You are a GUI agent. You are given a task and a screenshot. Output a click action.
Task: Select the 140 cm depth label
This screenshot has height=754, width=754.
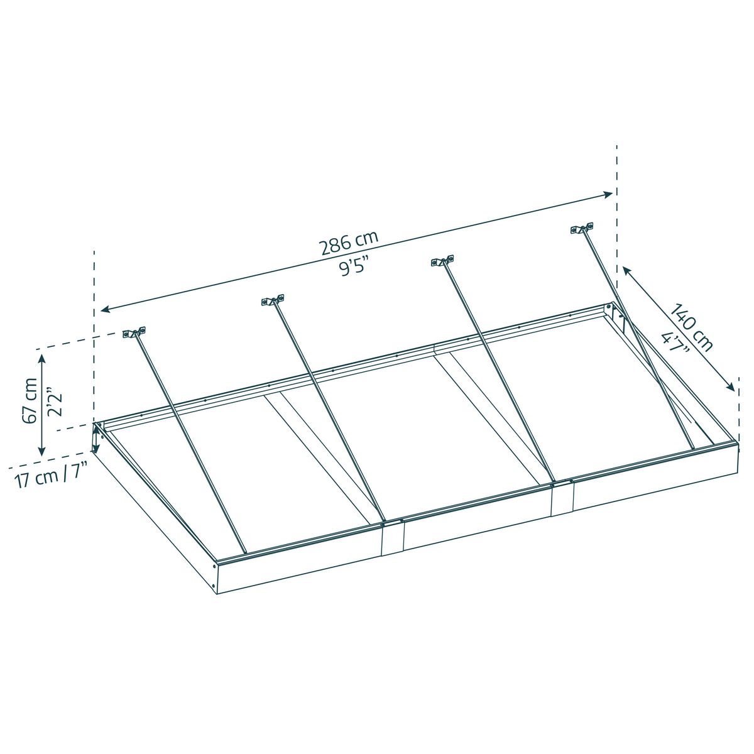692,327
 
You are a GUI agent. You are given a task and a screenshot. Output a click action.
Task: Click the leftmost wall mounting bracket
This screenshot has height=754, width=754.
134,332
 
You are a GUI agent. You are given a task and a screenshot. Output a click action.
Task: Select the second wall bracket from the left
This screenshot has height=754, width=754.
273,300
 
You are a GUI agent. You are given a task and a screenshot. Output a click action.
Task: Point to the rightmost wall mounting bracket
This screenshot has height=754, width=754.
582,229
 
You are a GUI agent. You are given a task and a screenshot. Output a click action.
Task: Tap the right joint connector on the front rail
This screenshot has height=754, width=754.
562,496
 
